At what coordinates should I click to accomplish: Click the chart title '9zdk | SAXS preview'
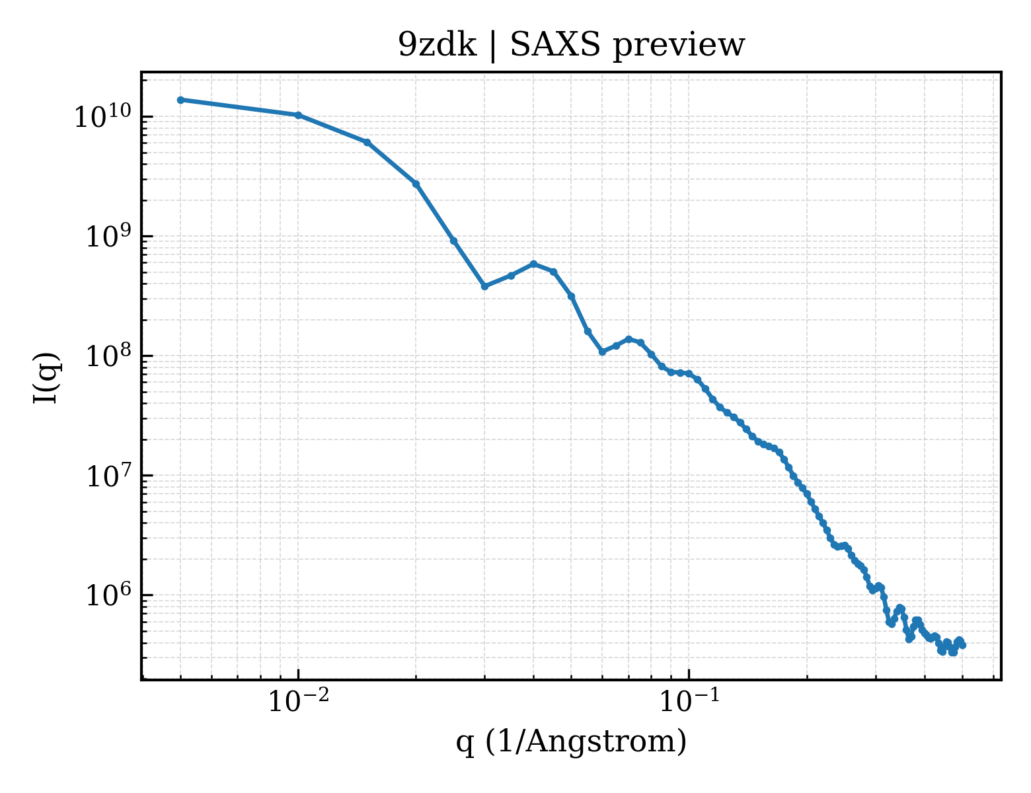click(x=571, y=45)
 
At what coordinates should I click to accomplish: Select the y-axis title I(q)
click(x=46, y=377)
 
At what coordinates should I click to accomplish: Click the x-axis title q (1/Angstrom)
click(x=571, y=741)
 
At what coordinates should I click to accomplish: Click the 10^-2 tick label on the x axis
click(x=299, y=700)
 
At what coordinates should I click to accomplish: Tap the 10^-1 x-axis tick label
click(x=689, y=700)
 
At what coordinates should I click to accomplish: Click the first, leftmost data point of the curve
click(x=181, y=100)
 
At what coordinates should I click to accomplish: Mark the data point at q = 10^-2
click(x=299, y=115)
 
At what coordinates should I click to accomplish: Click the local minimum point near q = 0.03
click(x=484, y=286)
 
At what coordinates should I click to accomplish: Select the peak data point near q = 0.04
click(x=533, y=264)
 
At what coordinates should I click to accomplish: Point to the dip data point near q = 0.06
click(x=602, y=352)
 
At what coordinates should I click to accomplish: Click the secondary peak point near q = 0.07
click(x=629, y=339)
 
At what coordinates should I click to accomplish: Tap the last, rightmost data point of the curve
click(x=962, y=645)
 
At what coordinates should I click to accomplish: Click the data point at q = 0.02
click(x=416, y=184)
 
